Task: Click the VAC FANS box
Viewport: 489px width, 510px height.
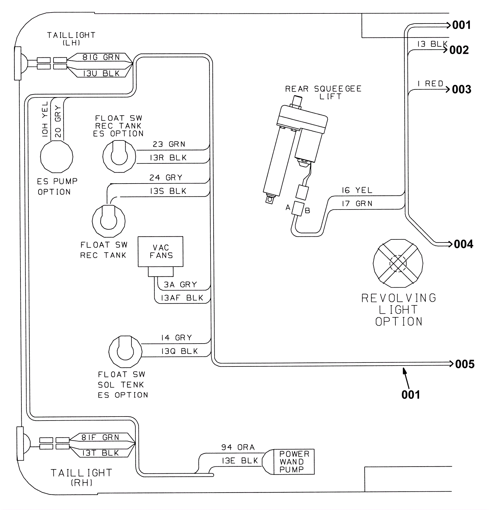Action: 160,251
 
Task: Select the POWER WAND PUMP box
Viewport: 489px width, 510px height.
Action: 294,461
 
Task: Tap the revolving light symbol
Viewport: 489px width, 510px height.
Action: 398,263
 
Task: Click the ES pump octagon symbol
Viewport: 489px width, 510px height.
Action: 57,157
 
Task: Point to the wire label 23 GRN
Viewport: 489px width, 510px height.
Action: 169,144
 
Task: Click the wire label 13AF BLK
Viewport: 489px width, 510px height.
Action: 182,298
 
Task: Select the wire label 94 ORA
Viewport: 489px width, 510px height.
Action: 238,447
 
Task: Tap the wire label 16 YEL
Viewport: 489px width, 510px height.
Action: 357,190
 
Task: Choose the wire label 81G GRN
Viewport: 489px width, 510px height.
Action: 101,57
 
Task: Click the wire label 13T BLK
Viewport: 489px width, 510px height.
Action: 101,453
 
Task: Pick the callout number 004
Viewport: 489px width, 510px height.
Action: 463,244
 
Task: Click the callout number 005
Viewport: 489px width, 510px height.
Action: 465,364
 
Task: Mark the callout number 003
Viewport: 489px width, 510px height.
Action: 461,89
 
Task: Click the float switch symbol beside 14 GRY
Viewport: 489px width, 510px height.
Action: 125,352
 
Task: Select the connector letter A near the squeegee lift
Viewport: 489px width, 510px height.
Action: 288,208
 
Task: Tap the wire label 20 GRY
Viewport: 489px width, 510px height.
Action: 58,121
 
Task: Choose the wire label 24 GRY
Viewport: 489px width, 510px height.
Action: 166,177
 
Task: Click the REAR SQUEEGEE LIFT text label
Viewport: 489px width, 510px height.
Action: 323,92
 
